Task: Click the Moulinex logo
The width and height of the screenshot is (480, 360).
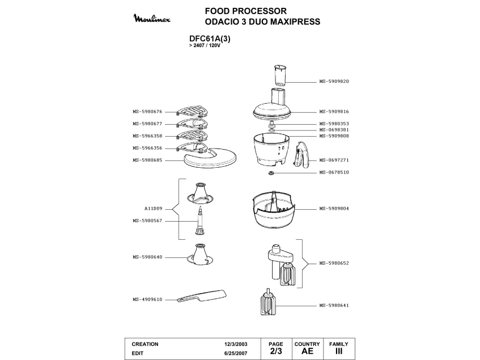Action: [x=152, y=19]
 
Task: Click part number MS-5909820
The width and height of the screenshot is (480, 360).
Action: [x=334, y=82]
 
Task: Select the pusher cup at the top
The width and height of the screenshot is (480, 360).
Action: [x=280, y=75]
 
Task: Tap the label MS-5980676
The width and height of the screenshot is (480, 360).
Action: [x=147, y=112]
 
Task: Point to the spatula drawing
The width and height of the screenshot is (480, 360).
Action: [x=202, y=296]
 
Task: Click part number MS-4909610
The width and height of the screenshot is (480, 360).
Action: [x=147, y=300]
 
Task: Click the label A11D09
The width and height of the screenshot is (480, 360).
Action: [x=153, y=209]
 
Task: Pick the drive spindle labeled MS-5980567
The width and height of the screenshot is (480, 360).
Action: [x=199, y=221]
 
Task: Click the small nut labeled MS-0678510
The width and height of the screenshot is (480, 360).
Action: [x=271, y=173]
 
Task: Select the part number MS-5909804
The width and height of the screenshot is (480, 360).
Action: [x=334, y=209]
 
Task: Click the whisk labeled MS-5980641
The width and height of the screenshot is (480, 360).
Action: [x=268, y=302]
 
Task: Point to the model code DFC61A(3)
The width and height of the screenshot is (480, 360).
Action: [x=210, y=39]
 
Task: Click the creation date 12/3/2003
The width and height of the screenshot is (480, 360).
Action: [x=236, y=344]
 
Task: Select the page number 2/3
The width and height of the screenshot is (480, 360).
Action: [x=276, y=351]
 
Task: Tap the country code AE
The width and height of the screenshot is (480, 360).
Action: [x=307, y=351]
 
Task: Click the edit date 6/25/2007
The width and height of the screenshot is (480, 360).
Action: [x=236, y=353]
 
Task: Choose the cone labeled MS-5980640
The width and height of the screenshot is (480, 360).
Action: [x=201, y=254]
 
